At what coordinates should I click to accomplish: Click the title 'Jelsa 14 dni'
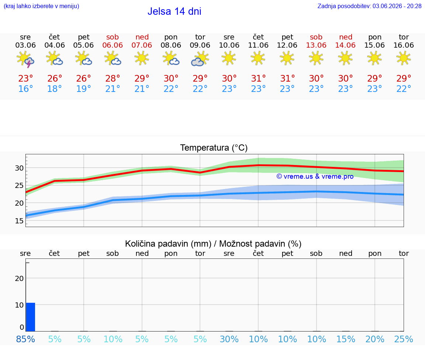point(174,11)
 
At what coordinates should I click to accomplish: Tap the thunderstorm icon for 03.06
point(25,59)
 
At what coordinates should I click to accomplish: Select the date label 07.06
point(142,45)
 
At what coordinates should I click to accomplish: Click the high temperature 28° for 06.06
point(113,78)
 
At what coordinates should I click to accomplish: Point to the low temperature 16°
point(25,89)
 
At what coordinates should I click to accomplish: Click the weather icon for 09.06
point(200,59)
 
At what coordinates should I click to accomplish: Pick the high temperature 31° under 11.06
point(258,78)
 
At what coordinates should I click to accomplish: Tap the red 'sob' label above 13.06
point(316,37)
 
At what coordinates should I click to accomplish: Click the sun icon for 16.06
point(404,58)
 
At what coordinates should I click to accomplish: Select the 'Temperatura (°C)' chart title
point(214,148)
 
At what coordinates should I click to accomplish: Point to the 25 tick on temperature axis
point(19,186)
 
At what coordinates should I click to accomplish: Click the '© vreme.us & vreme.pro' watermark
point(315,176)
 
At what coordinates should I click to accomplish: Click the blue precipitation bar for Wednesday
point(31,317)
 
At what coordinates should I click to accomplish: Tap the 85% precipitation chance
point(25,339)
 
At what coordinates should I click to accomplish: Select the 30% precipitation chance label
point(229,339)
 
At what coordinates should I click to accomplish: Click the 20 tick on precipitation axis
point(19,278)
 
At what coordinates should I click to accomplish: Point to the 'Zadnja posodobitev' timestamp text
point(369,6)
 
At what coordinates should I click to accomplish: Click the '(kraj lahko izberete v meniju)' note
point(41,6)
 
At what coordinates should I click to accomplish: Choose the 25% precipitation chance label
point(404,339)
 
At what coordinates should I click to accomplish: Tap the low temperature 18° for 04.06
point(55,89)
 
